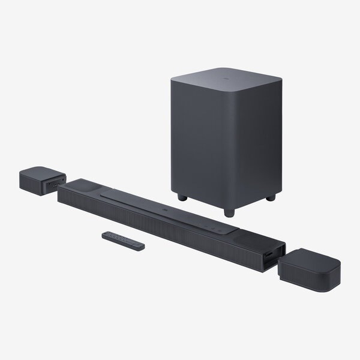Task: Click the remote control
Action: pos(122,239)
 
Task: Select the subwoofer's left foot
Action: pos(181,197)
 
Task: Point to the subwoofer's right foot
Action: pos(270,197)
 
